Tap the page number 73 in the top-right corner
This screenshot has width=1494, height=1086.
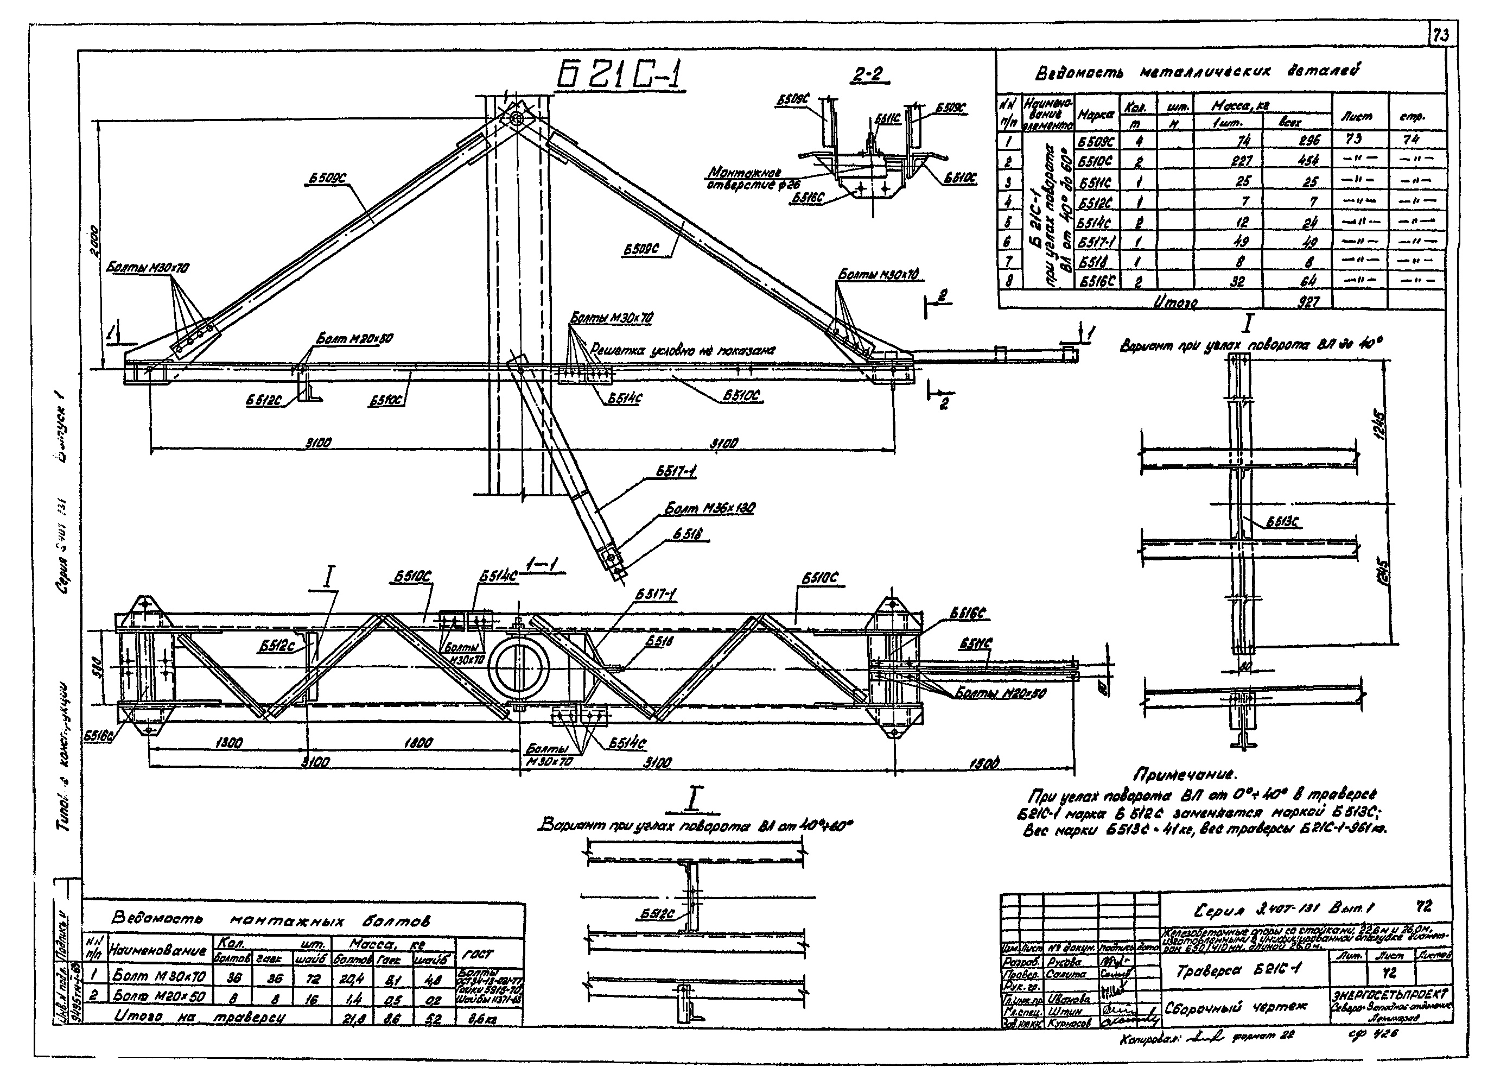point(1441,36)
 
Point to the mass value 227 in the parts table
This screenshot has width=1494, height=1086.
point(1241,161)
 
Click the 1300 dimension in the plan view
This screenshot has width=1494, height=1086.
point(228,743)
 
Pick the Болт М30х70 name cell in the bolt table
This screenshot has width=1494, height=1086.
point(159,975)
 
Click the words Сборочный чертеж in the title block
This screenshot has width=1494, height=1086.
point(1236,1007)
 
